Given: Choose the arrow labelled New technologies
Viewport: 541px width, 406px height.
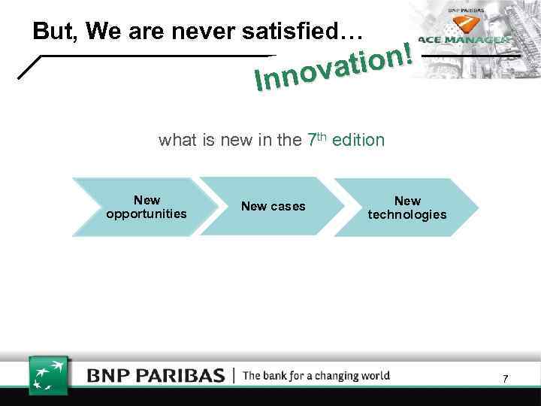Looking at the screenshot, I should [x=406, y=207].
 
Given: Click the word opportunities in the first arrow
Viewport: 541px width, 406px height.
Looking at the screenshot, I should [x=147, y=214].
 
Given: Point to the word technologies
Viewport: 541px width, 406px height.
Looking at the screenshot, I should [x=407, y=215].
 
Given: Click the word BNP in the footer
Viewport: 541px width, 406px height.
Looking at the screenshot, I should [x=111, y=375].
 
